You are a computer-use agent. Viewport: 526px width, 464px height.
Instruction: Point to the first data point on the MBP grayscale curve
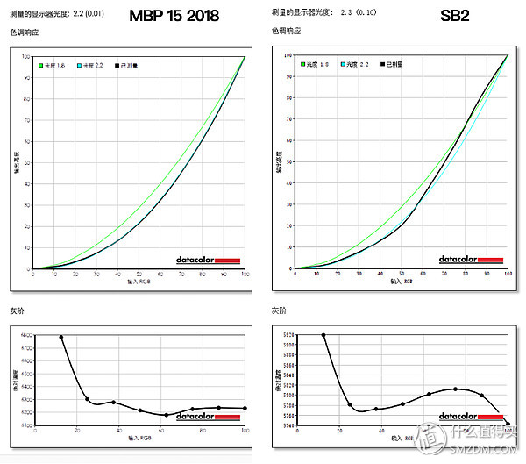tap(61, 337)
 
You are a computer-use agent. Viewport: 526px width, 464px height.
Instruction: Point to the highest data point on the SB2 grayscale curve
tap(323, 335)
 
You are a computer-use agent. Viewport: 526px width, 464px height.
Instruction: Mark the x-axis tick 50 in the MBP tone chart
tap(139, 275)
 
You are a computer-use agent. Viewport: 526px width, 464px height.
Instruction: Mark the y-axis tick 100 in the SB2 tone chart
tap(289, 55)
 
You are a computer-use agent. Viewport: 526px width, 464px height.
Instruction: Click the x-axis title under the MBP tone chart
tap(139, 284)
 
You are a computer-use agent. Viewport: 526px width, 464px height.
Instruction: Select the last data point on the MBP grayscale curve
tap(245, 408)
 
